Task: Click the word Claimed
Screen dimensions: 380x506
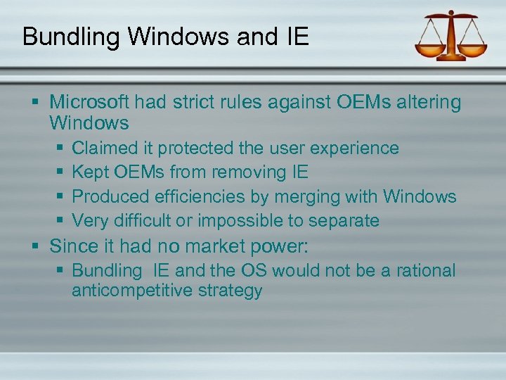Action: pyautogui.click(x=112, y=148)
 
